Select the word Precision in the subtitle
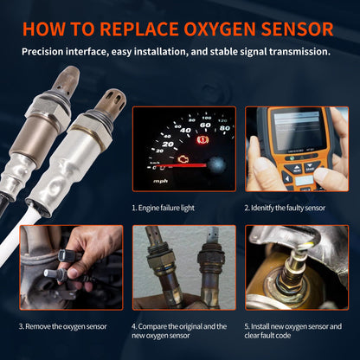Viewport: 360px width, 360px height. pyautogui.click(x=47, y=51)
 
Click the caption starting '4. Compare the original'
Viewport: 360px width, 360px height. pyautogui.click(x=179, y=331)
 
